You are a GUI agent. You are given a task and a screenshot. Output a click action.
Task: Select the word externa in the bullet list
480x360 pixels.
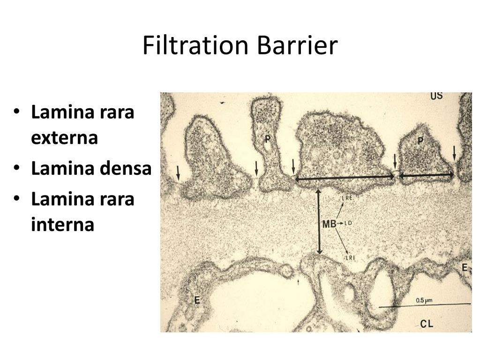64,138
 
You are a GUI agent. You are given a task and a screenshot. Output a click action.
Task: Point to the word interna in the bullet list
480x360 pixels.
63,225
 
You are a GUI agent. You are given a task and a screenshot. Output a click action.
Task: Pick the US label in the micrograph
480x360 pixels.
436,97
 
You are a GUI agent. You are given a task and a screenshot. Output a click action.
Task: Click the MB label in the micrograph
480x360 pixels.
329,224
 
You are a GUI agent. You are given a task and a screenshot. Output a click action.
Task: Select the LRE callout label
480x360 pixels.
347,198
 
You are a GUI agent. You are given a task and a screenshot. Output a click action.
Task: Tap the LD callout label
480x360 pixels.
348,223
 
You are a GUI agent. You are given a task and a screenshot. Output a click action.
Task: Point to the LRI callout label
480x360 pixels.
351,257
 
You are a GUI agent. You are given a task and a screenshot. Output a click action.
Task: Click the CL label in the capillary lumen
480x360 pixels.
427,323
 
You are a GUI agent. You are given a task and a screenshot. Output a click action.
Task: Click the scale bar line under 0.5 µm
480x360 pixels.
424,306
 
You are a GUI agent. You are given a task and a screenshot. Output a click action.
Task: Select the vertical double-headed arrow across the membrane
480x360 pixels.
319,221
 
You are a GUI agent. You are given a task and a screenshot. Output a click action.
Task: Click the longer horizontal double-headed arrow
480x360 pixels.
345,177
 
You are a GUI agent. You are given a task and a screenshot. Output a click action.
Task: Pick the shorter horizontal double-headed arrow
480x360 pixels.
426,175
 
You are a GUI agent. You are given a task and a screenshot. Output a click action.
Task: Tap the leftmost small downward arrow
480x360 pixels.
178,172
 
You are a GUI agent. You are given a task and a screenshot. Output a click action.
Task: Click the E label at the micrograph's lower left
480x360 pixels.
197,300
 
